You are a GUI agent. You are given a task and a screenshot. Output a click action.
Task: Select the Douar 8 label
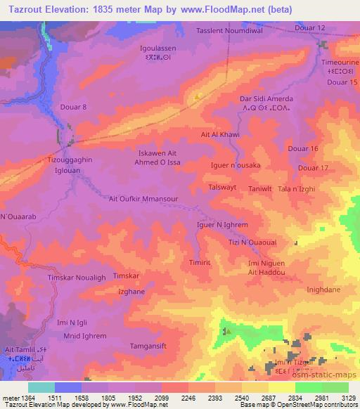[75, 107]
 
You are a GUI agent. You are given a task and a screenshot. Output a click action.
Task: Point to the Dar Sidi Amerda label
[266, 99]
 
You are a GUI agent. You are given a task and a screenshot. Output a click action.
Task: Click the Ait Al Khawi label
[221, 134]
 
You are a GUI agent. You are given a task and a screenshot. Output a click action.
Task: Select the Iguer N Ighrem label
[221, 225]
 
